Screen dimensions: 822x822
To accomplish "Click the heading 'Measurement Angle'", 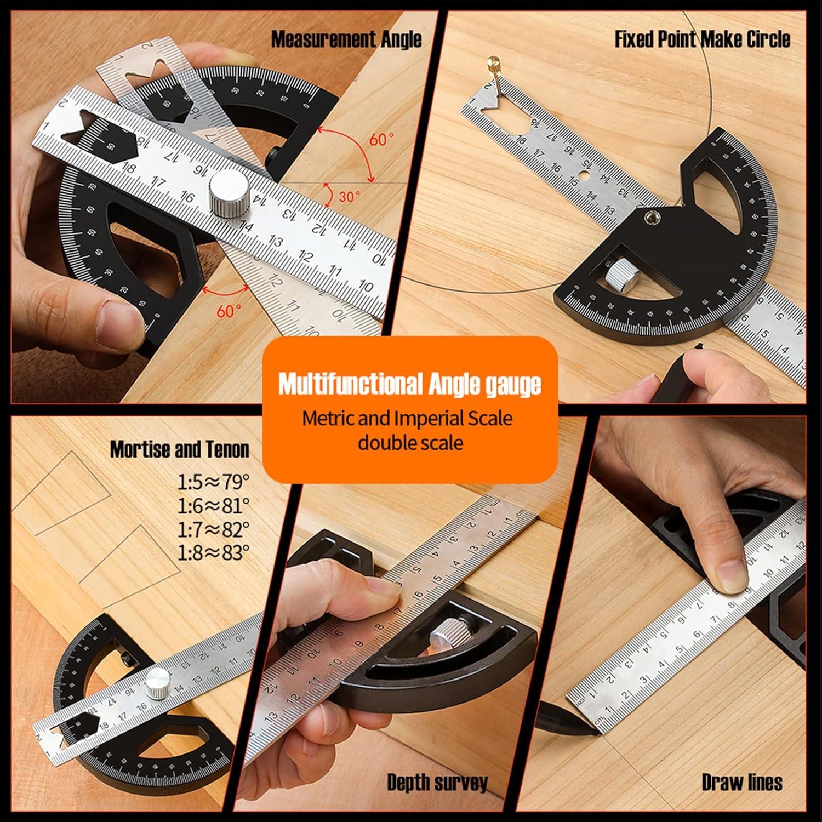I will pyautogui.click(x=346, y=39).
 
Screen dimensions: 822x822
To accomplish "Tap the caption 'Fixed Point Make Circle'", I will pyautogui.click(x=702, y=39).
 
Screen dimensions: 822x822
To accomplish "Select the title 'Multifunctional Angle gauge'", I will pyautogui.click(x=409, y=384).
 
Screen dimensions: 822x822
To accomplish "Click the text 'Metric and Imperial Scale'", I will pyautogui.click(x=407, y=419).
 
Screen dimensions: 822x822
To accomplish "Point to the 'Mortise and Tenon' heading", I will pyautogui.click(x=179, y=449).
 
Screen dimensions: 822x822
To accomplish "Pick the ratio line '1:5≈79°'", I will pyautogui.click(x=213, y=482).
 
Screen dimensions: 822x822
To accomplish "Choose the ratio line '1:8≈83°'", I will pyautogui.click(x=213, y=552).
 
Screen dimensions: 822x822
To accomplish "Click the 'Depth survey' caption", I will pyautogui.click(x=437, y=783).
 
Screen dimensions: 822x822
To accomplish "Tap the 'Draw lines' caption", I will pyautogui.click(x=741, y=783).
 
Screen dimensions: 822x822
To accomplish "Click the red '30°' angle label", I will pyautogui.click(x=349, y=196).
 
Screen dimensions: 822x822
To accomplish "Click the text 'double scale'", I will pyautogui.click(x=410, y=442).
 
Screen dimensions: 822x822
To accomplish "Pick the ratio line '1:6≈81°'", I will pyautogui.click(x=213, y=505).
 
